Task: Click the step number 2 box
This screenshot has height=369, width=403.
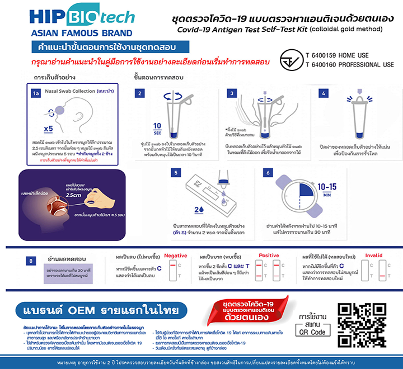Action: coord(140,93)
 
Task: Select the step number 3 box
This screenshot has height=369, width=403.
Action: coord(231,93)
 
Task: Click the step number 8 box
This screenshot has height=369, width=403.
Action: coord(33,260)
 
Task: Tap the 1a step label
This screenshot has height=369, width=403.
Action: coord(36,93)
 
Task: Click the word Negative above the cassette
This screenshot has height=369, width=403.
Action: coord(175,255)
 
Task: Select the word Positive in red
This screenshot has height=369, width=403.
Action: coord(269,255)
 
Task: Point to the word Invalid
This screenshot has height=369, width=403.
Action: coord(374,255)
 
